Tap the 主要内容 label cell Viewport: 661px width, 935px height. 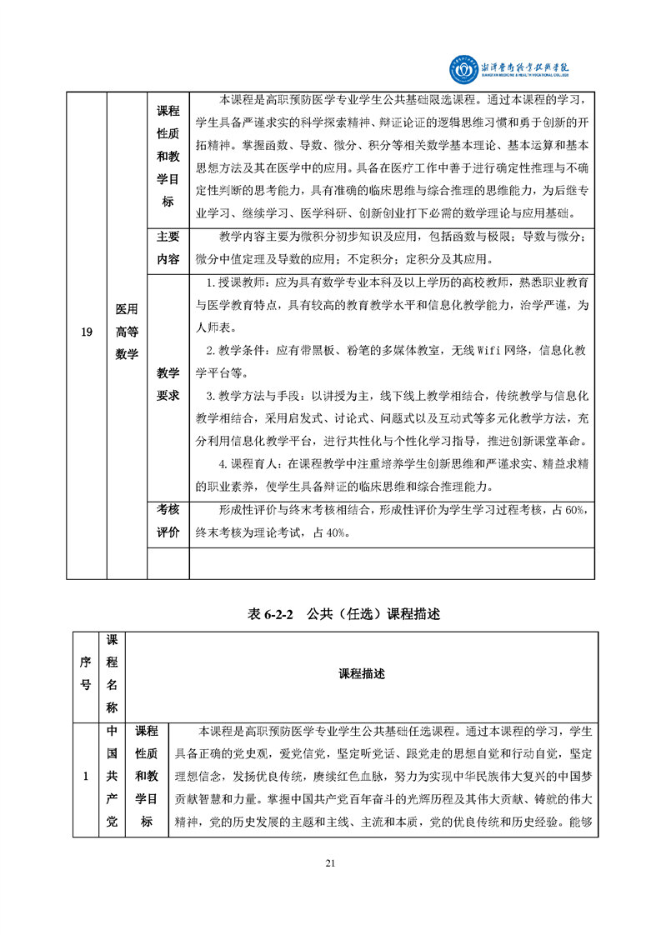[x=168, y=247]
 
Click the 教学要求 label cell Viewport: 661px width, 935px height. [x=168, y=384]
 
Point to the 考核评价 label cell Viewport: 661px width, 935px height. [x=168, y=522]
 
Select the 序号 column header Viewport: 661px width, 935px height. [x=86, y=674]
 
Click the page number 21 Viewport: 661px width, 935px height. [x=330, y=862]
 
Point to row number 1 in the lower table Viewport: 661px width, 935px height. [x=86, y=777]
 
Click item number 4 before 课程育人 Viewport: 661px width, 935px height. [x=223, y=464]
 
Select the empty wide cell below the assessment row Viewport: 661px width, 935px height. [x=392, y=563]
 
